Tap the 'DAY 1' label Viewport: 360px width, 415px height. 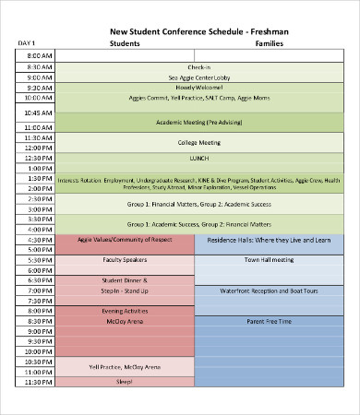tap(27, 43)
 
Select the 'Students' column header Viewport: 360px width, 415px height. tap(126, 43)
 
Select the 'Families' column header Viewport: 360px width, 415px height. tap(269, 43)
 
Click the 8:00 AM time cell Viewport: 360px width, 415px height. tap(36, 56)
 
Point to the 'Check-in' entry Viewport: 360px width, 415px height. tap(198, 67)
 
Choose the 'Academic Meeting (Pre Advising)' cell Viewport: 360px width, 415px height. tap(198, 122)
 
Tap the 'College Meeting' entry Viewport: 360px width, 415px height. tap(198, 142)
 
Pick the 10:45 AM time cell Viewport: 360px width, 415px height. tap(36, 111)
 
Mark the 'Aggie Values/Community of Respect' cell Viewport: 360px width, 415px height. tap(125, 239)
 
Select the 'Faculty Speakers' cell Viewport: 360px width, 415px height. tap(125, 260)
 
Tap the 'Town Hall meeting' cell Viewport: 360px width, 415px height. tap(269, 260)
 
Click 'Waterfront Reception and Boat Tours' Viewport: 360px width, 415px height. tap(269, 290)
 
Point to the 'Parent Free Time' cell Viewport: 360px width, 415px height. tap(269, 321)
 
